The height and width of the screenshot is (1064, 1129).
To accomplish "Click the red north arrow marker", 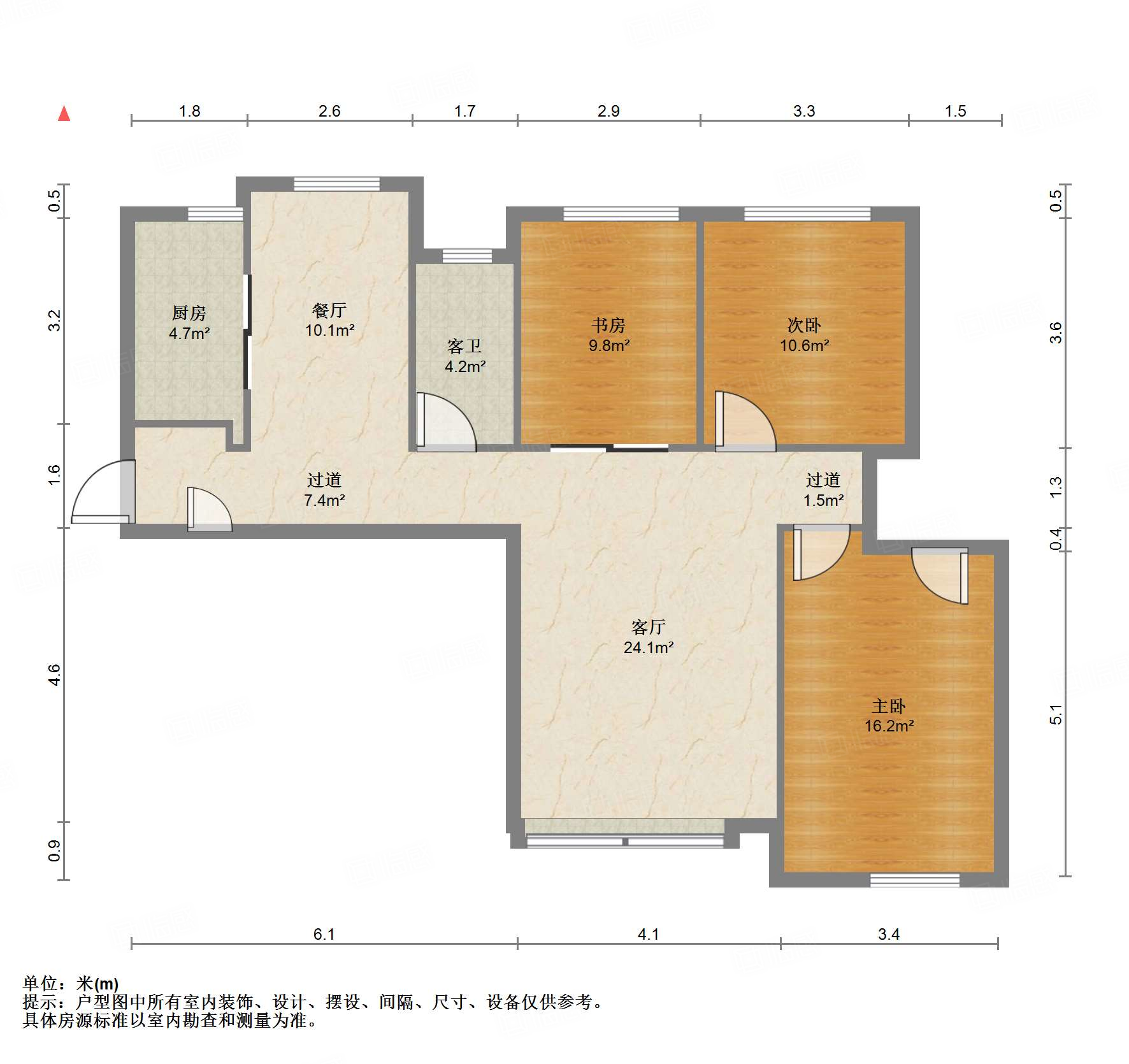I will click(64, 113).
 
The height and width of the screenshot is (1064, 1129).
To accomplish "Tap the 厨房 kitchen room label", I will click(189, 313).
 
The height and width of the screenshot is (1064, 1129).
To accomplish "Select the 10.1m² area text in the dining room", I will click(329, 330).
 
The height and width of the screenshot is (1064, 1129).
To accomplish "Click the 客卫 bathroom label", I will click(464, 346).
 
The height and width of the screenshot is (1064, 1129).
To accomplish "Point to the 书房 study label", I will click(608, 325).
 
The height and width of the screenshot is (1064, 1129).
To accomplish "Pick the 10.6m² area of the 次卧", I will click(804, 345).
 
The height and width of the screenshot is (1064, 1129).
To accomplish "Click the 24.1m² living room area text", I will click(649, 647).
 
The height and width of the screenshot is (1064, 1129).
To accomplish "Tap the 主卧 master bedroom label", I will click(889, 706).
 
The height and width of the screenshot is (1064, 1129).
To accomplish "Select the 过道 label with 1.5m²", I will click(823, 480).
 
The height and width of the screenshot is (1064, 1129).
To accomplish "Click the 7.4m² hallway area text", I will click(324, 500).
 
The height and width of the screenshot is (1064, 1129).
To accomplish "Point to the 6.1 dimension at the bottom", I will click(324, 934).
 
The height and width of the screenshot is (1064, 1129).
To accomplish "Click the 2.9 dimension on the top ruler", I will click(608, 111).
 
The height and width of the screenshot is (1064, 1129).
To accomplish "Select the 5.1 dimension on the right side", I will click(1056, 714).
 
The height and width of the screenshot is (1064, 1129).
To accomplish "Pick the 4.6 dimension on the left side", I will click(55, 674).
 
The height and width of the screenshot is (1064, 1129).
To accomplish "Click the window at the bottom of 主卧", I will click(915, 880).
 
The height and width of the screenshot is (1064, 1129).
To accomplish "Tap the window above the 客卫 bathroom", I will click(467, 256).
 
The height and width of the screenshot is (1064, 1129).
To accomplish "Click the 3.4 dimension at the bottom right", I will click(889, 934).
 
